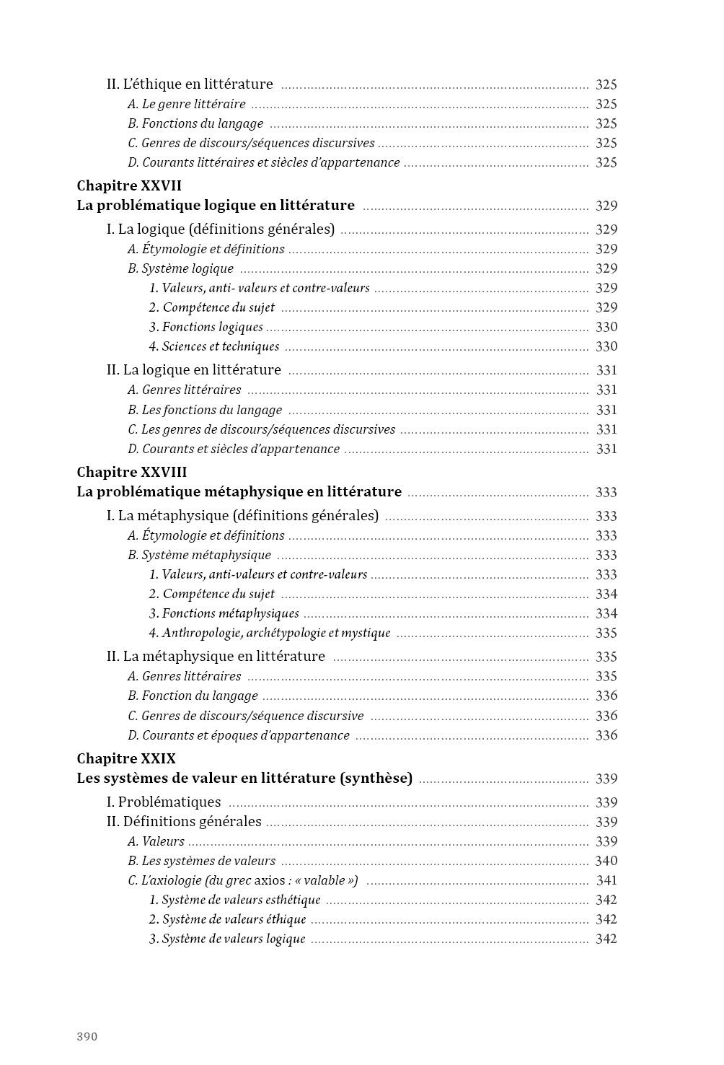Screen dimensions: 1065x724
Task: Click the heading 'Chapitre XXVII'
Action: pos(129,185)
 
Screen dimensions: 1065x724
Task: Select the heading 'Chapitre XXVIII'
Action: pos(132,472)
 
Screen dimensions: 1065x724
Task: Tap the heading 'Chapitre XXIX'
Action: pos(126,758)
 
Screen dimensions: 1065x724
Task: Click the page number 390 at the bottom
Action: pos(87,1037)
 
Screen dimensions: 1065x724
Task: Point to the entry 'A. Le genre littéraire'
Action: pos(187,104)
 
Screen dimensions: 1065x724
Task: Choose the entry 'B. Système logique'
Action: pos(181,268)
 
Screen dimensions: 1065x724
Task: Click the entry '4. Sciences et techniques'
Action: pos(214,346)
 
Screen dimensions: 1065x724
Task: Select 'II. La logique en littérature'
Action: pos(193,370)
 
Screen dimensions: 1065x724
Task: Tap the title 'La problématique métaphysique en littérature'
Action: pos(239,492)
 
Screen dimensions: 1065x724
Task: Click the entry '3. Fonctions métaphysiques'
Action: pos(224,613)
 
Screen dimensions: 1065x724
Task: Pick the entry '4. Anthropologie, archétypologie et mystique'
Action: pos(270,633)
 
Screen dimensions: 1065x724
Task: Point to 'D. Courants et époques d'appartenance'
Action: pos(239,735)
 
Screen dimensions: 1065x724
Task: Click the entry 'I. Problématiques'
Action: pos(164,802)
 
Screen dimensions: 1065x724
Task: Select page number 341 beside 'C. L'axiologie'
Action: pos(606,880)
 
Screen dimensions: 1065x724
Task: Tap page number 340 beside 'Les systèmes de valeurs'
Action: pos(606,861)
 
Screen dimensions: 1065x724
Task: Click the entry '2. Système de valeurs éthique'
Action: pos(227,919)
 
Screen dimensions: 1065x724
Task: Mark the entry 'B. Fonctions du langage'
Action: pos(195,123)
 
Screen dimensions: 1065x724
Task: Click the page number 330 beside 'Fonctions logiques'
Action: pos(606,327)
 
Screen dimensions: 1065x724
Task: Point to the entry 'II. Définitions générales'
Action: pos(184,822)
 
